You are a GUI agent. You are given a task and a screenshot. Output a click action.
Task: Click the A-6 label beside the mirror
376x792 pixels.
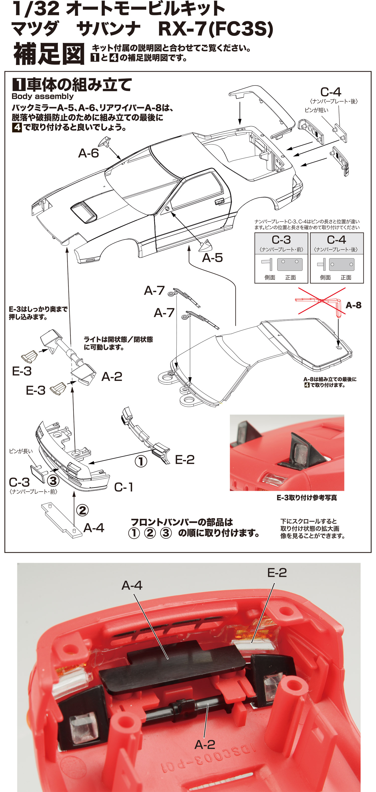[x=88, y=153]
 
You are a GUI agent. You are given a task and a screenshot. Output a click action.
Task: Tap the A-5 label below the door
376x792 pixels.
[x=212, y=258]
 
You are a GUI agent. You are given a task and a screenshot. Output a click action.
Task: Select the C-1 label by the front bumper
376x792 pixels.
[x=124, y=487]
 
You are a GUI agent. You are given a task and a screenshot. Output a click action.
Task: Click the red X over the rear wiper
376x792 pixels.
[x=322, y=301]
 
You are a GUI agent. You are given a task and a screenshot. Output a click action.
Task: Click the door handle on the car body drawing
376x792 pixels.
[x=219, y=202]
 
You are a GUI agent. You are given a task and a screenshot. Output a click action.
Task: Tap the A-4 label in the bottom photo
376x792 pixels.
[x=132, y=585]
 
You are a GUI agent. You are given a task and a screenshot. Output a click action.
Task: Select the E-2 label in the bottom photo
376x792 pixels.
[x=277, y=573]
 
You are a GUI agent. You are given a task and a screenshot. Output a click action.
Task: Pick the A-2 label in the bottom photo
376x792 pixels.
[x=205, y=744]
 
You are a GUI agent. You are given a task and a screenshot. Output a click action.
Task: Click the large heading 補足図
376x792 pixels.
[x=49, y=54]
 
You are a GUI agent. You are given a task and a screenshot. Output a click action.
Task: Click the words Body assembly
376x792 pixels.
[x=42, y=96]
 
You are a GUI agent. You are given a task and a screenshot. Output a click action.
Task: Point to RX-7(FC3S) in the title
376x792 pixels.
[x=215, y=29]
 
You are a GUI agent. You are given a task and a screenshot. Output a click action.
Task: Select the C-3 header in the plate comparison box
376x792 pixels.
[x=281, y=240]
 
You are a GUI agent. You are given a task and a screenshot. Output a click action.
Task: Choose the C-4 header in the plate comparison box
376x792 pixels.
[x=336, y=240]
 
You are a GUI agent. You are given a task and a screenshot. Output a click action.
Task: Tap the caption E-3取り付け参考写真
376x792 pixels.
[x=307, y=498]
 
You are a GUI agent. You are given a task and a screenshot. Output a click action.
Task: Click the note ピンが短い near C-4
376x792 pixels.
[x=316, y=110]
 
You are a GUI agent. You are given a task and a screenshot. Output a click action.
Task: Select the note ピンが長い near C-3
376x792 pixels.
[x=21, y=451]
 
